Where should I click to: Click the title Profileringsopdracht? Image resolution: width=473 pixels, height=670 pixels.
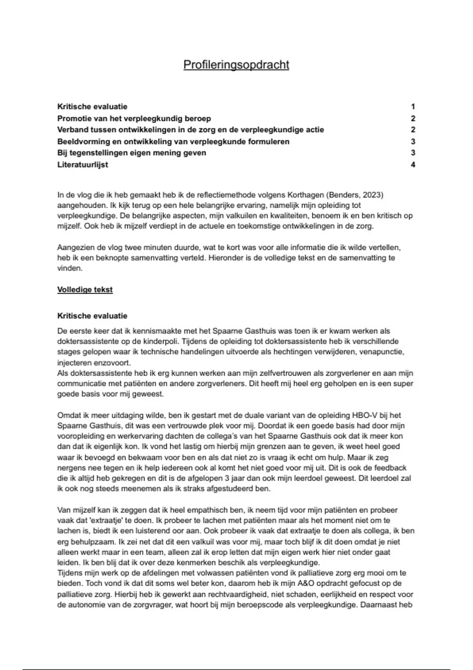(x=236, y=65)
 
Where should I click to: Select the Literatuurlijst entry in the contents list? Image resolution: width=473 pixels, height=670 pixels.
(x=83, y=165)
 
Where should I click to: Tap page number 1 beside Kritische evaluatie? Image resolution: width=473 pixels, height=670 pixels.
(x=413, y=107)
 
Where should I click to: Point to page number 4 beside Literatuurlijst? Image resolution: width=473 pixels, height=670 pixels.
(x=413, y=165)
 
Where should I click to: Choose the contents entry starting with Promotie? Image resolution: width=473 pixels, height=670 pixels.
(x=134, y=118)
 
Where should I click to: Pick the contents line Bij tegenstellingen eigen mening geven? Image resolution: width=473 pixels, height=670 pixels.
(x=132, y=153)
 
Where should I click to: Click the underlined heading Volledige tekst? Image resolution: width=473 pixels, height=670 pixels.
(x=85, y=290)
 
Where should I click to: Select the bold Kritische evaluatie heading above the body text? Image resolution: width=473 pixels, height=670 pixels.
(x=92, y=316)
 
